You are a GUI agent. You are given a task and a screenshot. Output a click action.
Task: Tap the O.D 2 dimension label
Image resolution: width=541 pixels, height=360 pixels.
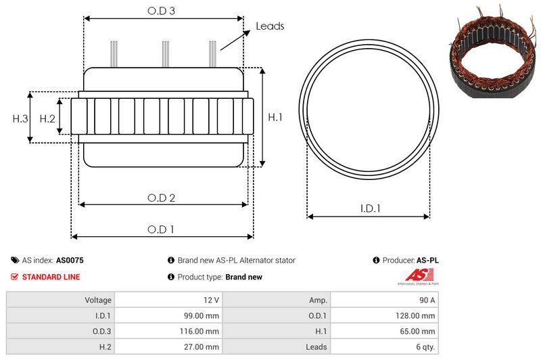coord(162,198)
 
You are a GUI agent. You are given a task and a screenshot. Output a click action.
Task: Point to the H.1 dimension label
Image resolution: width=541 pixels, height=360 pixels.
coord(275,117)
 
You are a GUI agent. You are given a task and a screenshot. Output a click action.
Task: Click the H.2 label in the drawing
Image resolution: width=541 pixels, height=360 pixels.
coord(47,118)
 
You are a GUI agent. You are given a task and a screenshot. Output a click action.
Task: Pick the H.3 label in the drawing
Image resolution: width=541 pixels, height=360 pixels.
coord(20,118)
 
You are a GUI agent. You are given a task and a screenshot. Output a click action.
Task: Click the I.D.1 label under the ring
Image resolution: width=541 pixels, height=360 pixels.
coord(369,209)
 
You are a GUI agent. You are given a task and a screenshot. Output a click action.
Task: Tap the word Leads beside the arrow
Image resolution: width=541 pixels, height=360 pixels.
coord(270,26)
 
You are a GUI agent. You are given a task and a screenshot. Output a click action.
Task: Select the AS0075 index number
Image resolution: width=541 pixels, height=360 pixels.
coord(70,260)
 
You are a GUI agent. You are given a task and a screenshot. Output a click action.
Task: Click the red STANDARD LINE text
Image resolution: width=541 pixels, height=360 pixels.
coord(51,277)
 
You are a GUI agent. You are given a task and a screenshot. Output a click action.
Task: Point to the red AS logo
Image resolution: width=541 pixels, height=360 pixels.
coord(415,275)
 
